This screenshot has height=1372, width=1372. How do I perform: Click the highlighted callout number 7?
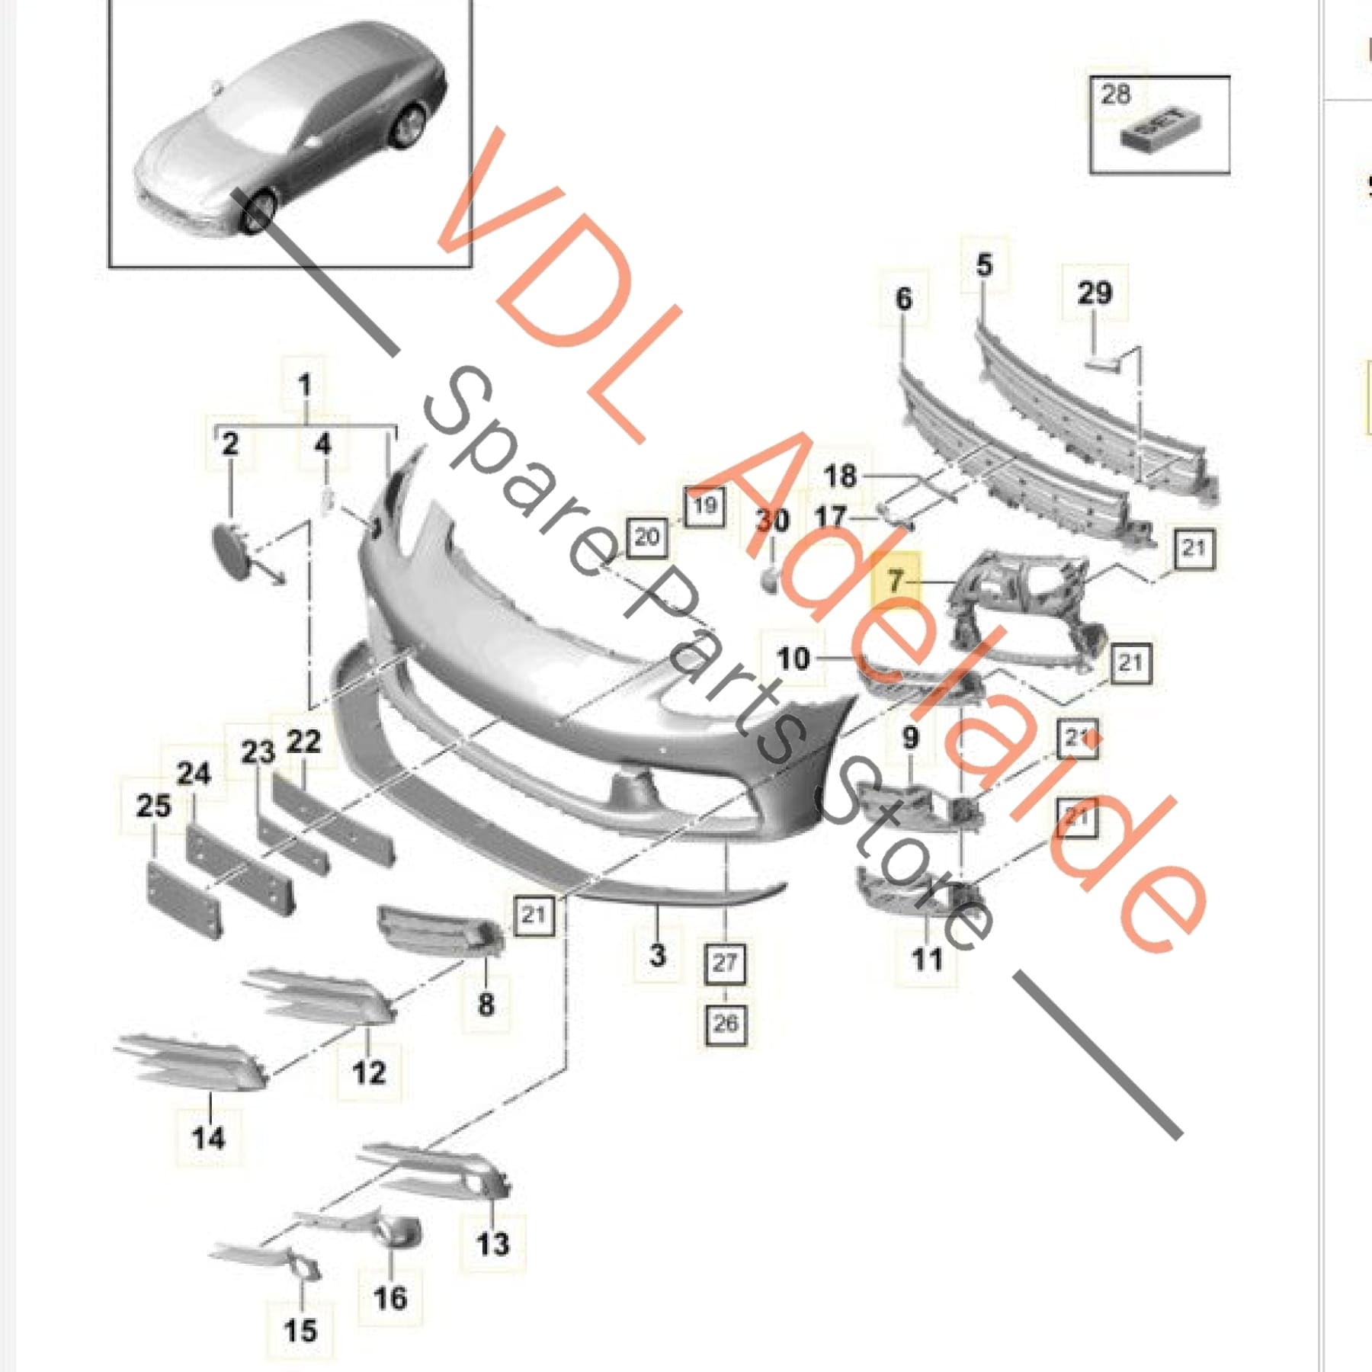[896, 581]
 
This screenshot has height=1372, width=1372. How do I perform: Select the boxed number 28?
[1115, 95]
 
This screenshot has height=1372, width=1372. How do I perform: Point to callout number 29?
[1095, 293]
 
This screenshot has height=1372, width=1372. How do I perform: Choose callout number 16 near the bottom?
[390, 1297]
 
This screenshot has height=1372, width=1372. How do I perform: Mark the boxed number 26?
[725, 1023]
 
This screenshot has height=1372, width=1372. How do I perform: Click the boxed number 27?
[725, 963]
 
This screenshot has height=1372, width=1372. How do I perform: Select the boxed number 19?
[704, 505]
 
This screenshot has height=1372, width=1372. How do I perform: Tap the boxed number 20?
[646, 537]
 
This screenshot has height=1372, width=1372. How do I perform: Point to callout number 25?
[153, 806]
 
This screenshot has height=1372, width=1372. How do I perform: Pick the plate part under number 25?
[183, 899]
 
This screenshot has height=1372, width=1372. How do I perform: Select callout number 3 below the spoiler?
[657, 954]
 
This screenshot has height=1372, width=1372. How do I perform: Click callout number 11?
[927, 959]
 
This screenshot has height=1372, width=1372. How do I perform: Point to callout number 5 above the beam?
[984, 264]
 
